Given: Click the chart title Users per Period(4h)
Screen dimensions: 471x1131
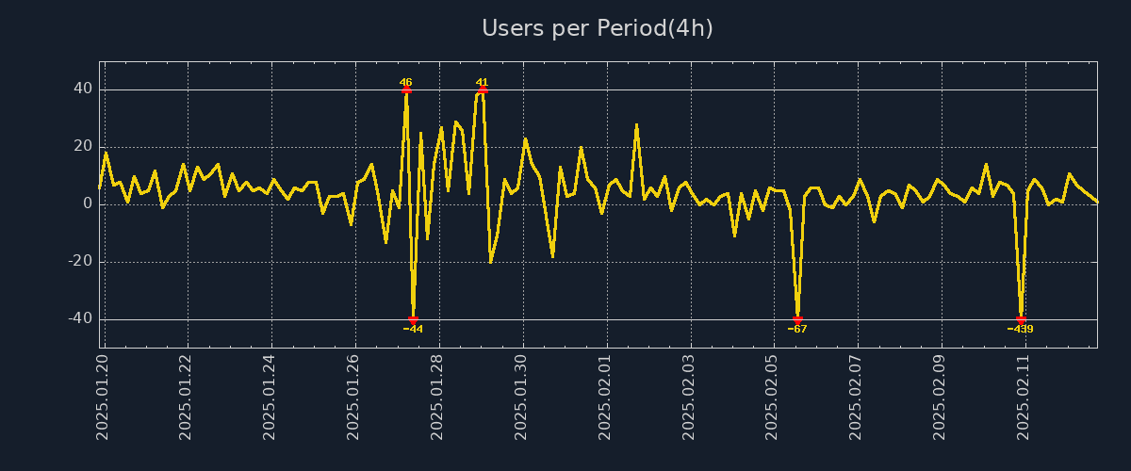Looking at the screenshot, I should pos(598,28).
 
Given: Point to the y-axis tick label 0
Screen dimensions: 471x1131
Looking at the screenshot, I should pos(87,204).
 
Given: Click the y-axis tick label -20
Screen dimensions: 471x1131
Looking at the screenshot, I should pos(79,262).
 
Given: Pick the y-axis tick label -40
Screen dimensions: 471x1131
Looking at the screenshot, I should pos(79,319).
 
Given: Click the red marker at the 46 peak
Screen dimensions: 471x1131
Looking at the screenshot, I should pos(406,90).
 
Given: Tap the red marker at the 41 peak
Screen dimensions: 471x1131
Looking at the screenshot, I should pos(483,90).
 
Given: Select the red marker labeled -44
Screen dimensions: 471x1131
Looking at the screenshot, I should pos(413,320).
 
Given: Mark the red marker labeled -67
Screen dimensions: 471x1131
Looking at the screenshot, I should pos(797,320).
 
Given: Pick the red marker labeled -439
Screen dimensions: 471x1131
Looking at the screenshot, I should pos(1021,320).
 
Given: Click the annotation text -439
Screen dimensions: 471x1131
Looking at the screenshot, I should pos(1020,330).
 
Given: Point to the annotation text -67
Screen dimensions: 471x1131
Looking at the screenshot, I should pos(797,330).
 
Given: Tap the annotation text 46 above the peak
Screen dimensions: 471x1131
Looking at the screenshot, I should pos(405,82).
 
